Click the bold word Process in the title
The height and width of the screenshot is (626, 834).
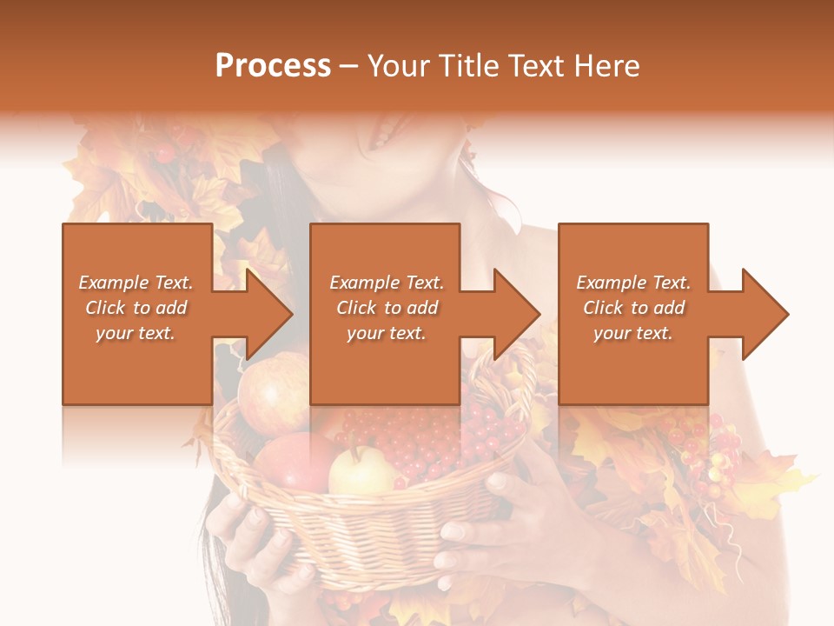273,66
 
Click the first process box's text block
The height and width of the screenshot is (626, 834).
136,308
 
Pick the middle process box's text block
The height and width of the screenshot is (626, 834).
387,308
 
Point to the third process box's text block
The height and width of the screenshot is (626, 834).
633,308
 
